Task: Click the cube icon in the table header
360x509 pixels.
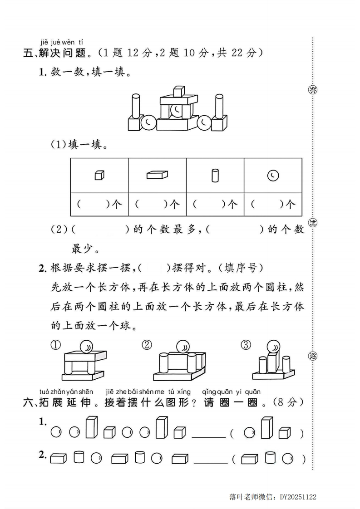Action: [99, 175]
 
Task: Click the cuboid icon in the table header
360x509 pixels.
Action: [157, 175]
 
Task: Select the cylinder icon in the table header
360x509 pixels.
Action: [215, 175]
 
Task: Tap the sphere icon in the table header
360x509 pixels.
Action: [273, 175]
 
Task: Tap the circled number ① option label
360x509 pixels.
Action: [55, 345]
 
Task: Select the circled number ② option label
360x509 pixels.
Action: [147, 345]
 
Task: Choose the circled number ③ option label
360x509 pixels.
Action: [246, 345]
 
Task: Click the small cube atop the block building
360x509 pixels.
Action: [179, 91]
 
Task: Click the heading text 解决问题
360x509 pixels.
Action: [62, 54]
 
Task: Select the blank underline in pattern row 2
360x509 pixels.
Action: [210, 462]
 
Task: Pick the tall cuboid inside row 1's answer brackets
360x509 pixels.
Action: [266, 428]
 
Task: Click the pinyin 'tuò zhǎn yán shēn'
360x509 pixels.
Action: [66, 392]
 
